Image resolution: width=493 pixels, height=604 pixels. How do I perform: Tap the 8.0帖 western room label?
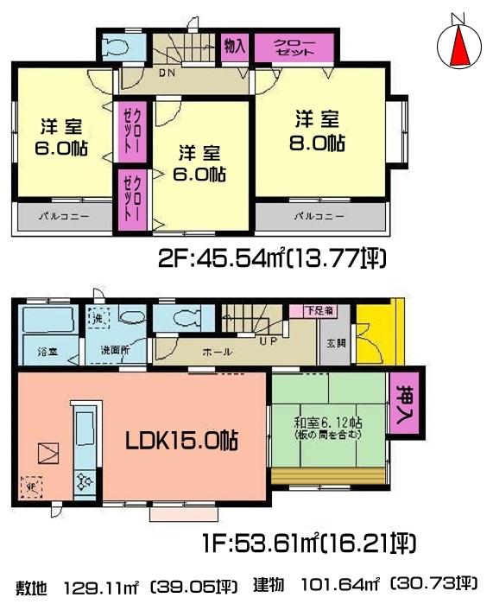tap(318, 130)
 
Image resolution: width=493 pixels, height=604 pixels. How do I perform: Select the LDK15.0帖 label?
tap(183, 439)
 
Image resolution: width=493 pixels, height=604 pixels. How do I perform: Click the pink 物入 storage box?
tap(233, 46)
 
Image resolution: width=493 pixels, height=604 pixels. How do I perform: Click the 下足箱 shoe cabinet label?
tap(300, 309)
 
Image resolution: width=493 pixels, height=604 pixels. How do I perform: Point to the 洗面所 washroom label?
tap(113, 353)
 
